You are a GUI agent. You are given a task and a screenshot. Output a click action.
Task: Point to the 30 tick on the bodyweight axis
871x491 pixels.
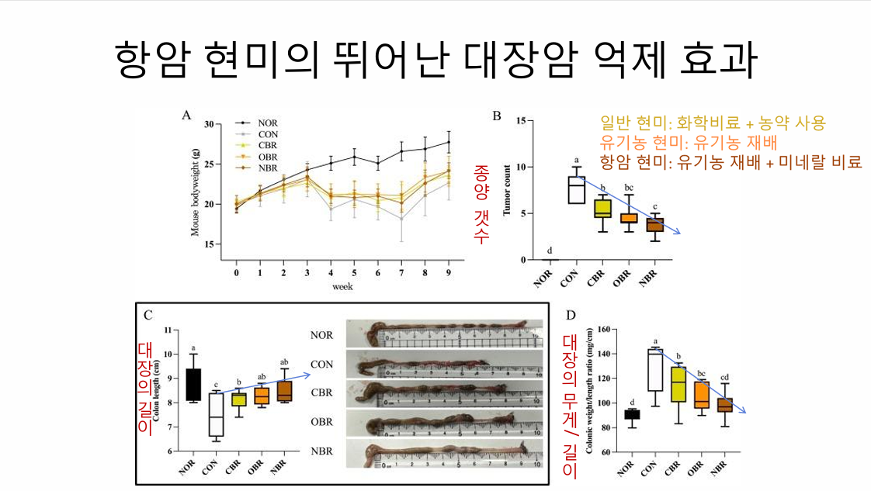[x=207, y=124]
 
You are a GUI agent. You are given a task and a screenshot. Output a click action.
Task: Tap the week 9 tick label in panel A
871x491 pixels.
[x=448, y=274]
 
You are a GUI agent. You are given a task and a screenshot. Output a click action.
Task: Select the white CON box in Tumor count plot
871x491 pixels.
[x=576, y=191]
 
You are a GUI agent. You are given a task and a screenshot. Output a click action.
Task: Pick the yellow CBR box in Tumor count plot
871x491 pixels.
[x=602, y=207]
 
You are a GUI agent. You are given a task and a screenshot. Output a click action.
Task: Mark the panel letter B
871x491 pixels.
[x=498, y=116]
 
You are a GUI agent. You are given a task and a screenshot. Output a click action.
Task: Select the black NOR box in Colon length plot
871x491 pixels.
[x=193, y=384]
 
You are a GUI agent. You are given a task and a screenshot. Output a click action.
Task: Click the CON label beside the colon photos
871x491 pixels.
[x=321, y=364]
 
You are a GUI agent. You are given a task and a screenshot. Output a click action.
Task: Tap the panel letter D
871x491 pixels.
[x=571, y=315]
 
